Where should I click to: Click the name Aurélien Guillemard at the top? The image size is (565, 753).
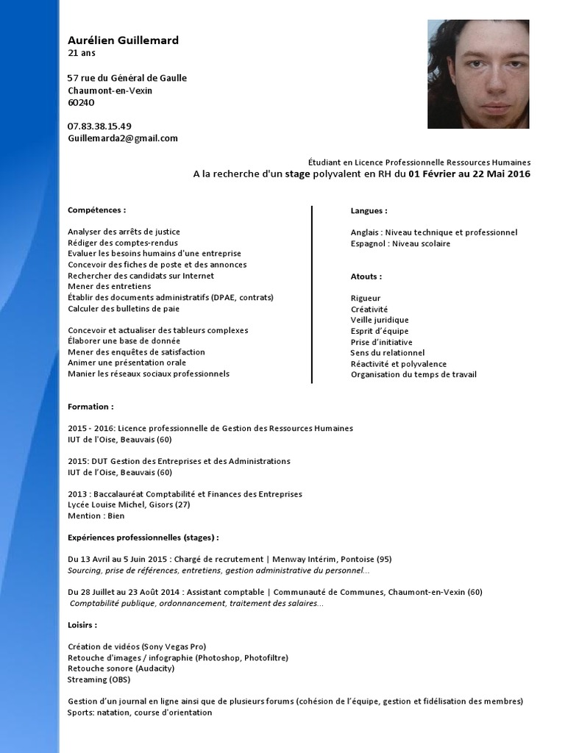(x=123, y=40)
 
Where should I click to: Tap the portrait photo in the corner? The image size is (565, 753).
(x=478, y=74)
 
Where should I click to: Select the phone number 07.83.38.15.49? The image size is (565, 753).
(x=99, y=126)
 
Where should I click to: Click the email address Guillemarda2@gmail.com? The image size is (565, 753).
(x=123, y=138)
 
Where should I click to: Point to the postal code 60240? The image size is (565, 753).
(x=81, y=102)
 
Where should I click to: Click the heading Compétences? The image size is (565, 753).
(x=96, y=210)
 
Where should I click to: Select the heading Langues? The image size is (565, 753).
(x=369, y=210)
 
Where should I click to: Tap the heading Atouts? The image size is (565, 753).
(x=366, y=276)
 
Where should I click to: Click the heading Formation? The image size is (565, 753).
(x=90, y=406)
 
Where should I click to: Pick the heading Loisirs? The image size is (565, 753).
(x=82, y=624)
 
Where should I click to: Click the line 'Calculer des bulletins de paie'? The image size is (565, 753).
(x=124, y=309)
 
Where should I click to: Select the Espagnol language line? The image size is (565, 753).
(x=400, y=243)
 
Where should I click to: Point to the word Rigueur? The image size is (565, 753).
(x=366, y=299)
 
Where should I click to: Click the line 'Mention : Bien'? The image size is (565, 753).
(x=96, y=516)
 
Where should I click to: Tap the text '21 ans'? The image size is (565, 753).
(x=81, y=53)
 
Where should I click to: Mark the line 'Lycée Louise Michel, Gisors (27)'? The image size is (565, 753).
(x=129, y=505)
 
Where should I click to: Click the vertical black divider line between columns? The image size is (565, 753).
(x=312, y=294)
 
